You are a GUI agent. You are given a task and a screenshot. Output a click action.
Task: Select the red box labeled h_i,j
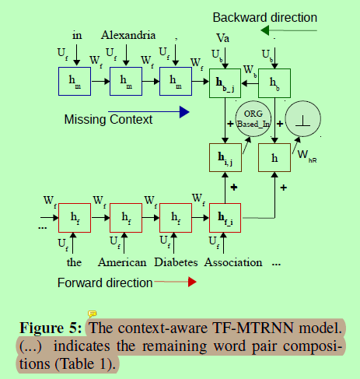click(x=225, y=158)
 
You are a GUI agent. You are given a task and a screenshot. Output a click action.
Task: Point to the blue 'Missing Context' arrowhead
click(x=184, y=112)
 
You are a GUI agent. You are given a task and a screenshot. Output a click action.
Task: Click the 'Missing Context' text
click(x=108, y=119)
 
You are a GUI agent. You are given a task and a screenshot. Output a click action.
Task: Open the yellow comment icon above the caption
click(x=92, y=313)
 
